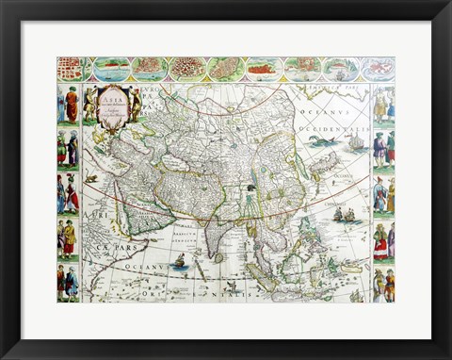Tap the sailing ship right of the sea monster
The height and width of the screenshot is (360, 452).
(356, 141)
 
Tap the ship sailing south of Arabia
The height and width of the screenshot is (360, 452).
(179, 259)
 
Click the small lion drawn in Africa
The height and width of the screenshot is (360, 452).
(91, 178)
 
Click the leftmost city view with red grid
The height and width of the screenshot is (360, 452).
(70, 69)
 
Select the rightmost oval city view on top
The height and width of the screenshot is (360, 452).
(379, 69)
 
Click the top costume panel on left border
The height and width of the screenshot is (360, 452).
(68, 105)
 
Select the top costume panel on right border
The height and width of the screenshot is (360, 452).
(383, 105)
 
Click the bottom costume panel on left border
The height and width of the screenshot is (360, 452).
(68, 283)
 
